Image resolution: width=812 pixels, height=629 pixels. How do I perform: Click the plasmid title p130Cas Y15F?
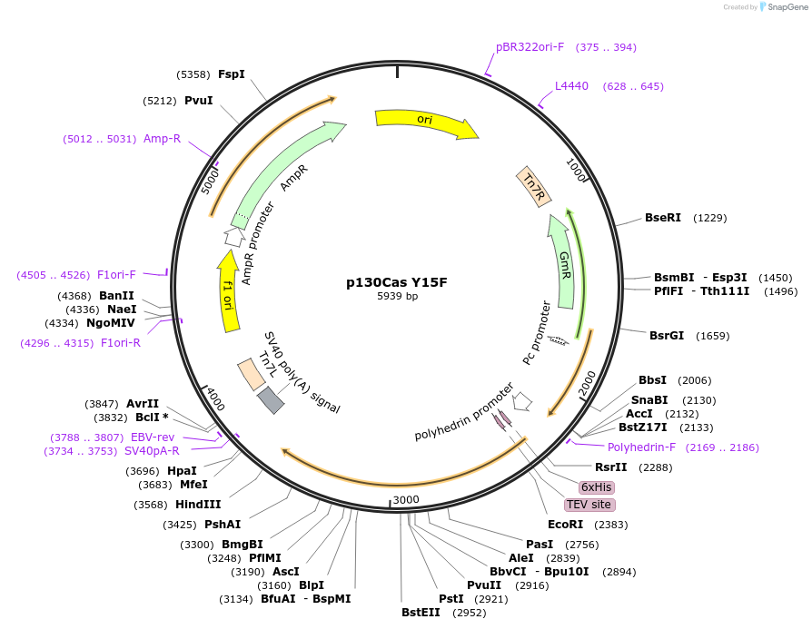click(397, 282)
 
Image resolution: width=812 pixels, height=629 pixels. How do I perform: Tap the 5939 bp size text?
click(398, 296)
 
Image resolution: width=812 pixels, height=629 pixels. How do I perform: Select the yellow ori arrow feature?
click(425, 122)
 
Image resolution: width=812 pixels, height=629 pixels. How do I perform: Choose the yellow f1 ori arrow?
click(229, 290)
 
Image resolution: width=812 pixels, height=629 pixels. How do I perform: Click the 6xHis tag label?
click(596, 486)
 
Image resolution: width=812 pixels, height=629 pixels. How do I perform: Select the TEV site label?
click(589, 505)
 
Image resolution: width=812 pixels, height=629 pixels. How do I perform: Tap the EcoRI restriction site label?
click(565, 525)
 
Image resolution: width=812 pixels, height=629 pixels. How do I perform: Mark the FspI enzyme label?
click(232, 74)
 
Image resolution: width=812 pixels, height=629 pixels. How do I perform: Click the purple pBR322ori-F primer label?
click(530, 47)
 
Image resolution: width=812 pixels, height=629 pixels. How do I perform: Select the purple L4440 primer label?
click(572, 86)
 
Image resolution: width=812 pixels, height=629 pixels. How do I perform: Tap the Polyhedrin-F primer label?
click(642, 447)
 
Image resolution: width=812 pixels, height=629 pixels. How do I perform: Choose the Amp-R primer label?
click(163, 139)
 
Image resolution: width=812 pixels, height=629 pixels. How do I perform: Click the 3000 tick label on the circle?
click(406, 500)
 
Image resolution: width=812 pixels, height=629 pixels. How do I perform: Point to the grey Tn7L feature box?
click(271, 400)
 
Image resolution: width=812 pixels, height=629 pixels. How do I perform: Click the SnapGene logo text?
click(783, 7)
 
